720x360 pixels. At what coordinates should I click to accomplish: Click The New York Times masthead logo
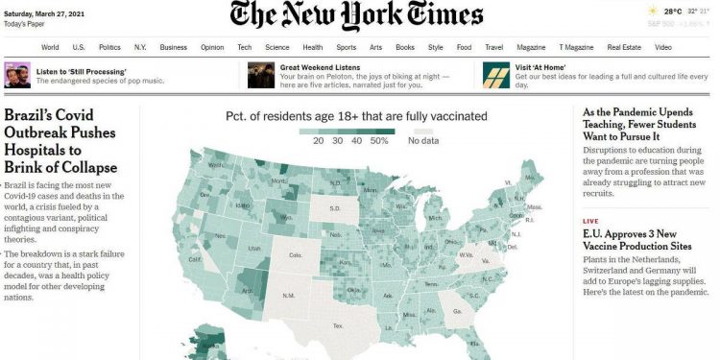(x=356, y=16)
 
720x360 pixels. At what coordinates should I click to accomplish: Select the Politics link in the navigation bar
(x=109, y=46)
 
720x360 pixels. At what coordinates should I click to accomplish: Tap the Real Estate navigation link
(x=624, y=46)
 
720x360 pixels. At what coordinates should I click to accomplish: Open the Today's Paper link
(x=26, y=23)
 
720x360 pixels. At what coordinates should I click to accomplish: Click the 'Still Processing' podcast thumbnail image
(x=16, y=75)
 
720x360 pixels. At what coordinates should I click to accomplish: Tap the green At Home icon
(x=495, y=75)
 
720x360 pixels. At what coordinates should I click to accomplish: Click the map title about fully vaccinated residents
(x=356, y=117)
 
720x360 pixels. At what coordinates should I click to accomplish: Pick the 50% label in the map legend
(x=379, y=140)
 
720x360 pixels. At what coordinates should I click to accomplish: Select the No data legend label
(x=422, y=140)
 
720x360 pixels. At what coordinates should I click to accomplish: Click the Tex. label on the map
(x=337, y=325)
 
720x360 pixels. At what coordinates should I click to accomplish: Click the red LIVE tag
(x=590, y=221)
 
